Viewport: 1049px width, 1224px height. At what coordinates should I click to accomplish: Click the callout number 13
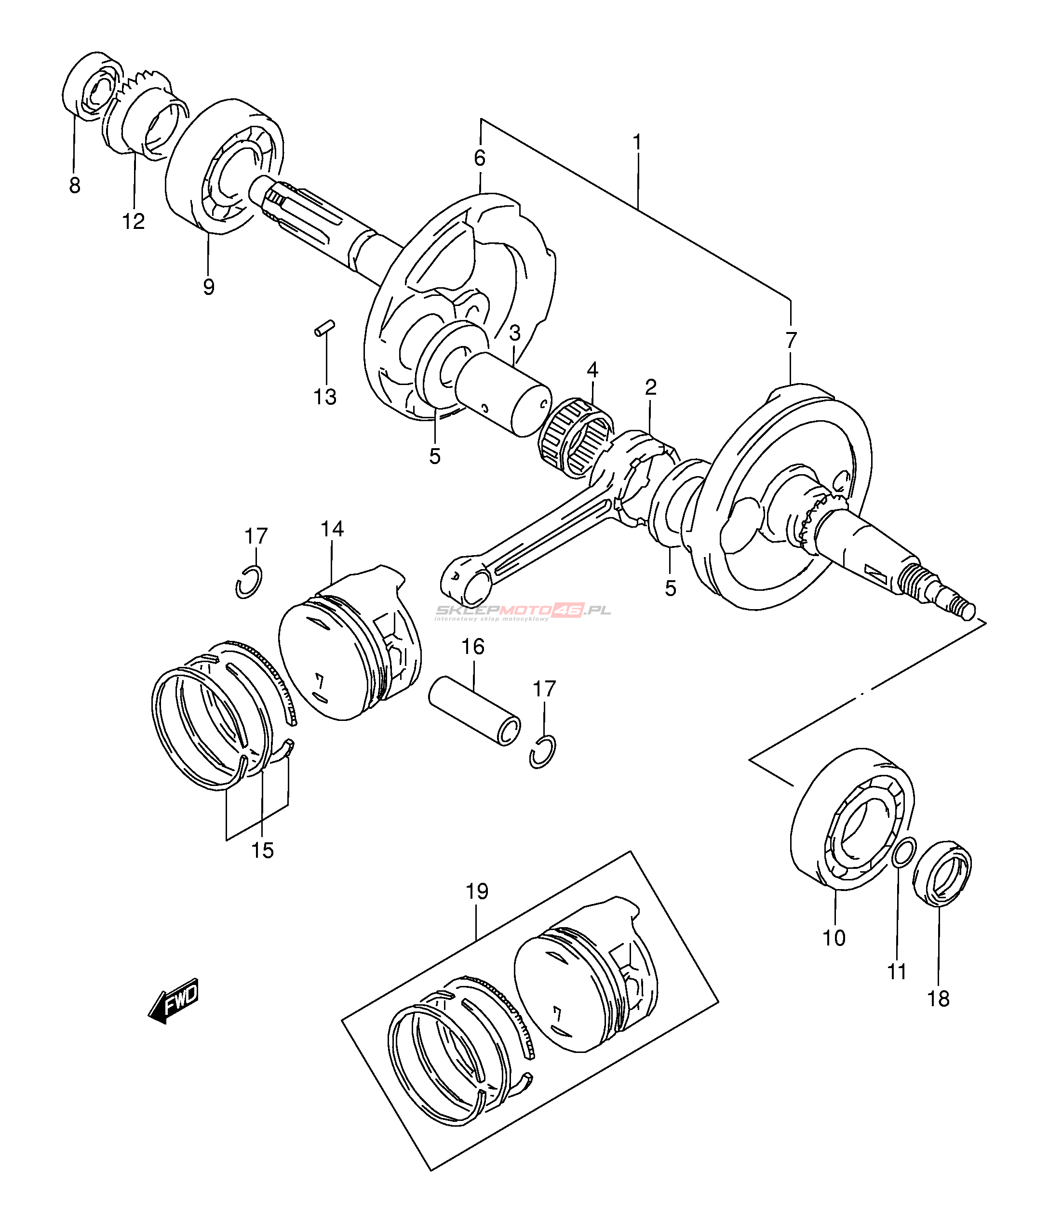[x=325, y=397]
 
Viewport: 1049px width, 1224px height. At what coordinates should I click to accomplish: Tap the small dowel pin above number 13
[x=325, y=327]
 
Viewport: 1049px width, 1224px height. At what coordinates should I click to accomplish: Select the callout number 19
[x=477, y=891]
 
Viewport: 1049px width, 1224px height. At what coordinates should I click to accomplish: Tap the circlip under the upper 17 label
[x=249, y=581]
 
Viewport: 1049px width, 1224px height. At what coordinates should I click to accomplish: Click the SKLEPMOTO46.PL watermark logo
[x=523, y=611]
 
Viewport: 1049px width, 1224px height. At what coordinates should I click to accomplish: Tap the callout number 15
[x=262, y=851]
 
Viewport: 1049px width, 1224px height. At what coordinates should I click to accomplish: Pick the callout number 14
[x=332, y=528]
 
